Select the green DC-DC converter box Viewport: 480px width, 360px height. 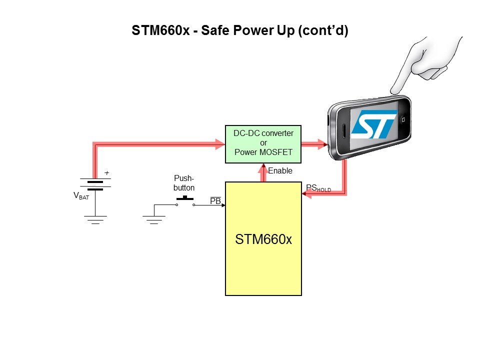click(x=263, y=144)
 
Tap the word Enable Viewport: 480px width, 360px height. click(x=280, y=171)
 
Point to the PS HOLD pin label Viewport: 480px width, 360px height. click(x=318, y=188)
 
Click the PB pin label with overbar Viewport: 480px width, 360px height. click(x=215, y=201)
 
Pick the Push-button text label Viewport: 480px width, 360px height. click(x=184, y=183)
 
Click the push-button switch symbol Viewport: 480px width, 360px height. click(x=185, y=200)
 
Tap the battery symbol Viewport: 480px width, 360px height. click(x=95, y=185)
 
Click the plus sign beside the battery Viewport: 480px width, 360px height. click(x=106, y=173)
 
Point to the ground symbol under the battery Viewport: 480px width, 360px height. click(x=95, y=219)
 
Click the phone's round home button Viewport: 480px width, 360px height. click(x=402, y=120)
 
